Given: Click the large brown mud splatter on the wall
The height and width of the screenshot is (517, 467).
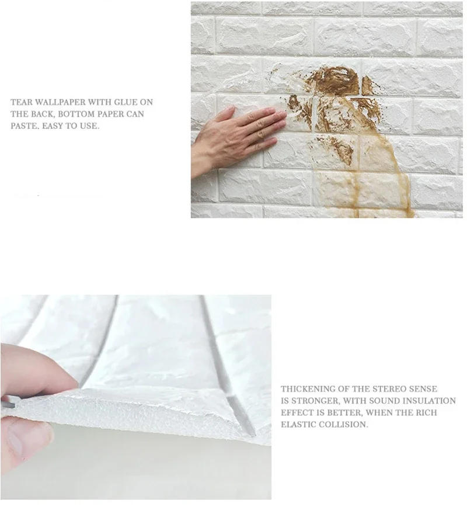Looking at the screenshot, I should (x=336, y=82).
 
